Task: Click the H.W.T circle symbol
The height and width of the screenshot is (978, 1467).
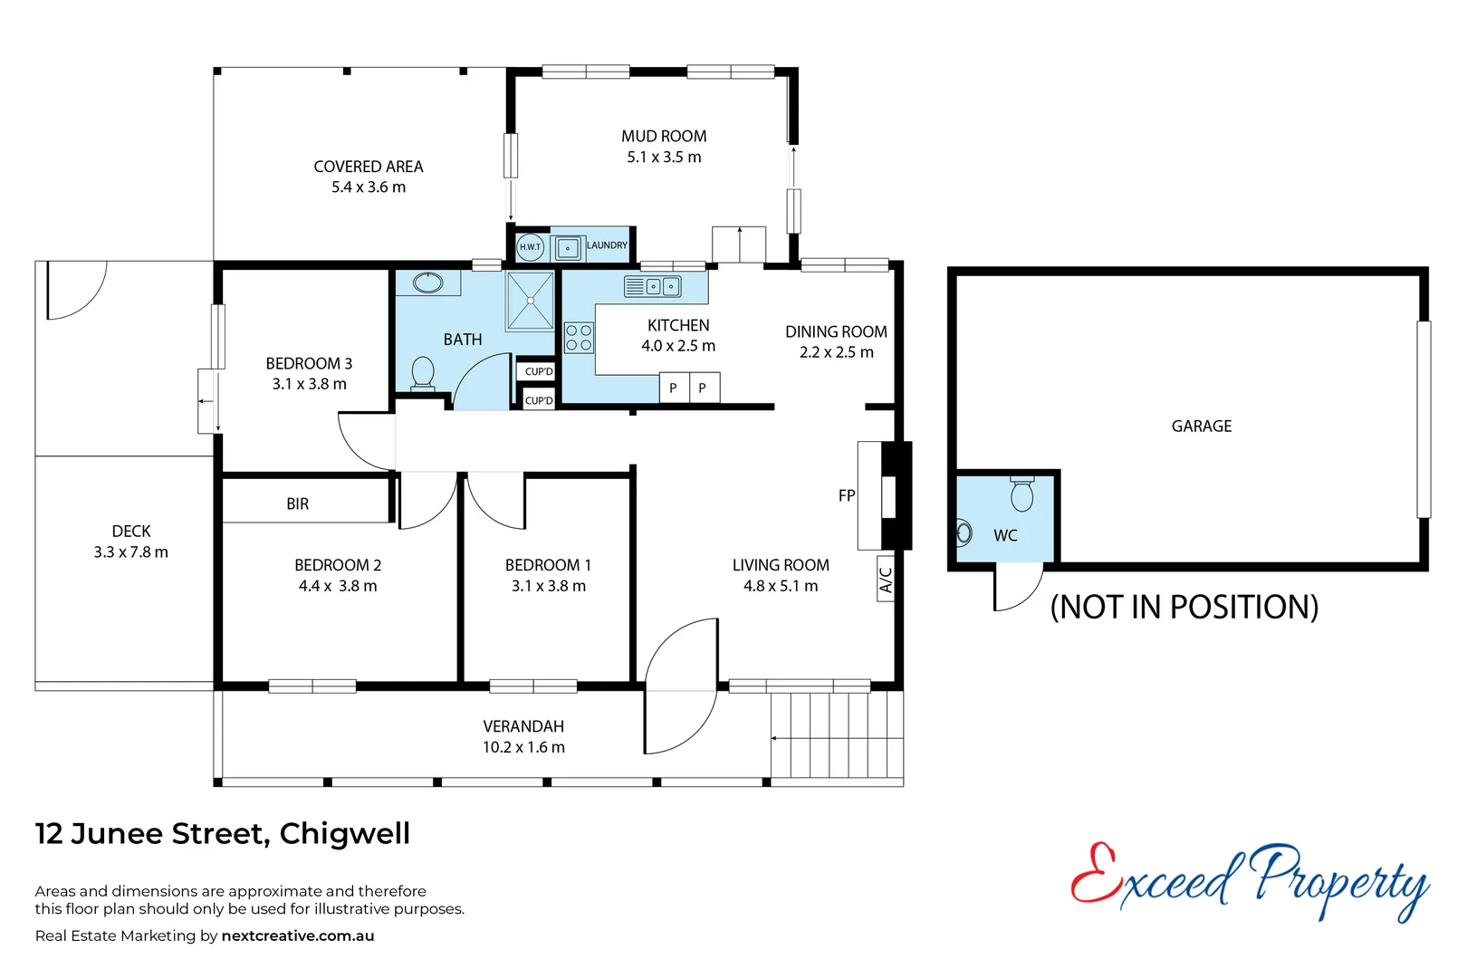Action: (x=530, y=246)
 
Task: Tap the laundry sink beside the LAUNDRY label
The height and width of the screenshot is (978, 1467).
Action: (x=568, y=247)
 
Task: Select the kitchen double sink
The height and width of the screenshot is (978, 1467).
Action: (x=653, y=287)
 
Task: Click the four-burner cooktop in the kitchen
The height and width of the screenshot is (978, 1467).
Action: (x=579, y=338)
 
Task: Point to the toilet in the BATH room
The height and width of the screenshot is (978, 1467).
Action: (x=423, y=373)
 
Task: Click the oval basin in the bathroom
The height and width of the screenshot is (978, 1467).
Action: (x=427, y=283)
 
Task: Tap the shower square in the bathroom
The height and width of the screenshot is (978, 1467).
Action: (x=530, y=301)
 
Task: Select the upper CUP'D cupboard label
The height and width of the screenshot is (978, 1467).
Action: (x=539, y=371)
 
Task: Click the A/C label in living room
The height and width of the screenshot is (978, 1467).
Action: (x=886, y=580)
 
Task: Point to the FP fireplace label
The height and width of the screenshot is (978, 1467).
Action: (x=847, y=495)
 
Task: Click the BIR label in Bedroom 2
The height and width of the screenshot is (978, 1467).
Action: (x=298, y=504)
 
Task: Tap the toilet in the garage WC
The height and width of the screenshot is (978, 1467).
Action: (x=1022, y=494)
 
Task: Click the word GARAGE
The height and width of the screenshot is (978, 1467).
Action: (x=1202, y=427)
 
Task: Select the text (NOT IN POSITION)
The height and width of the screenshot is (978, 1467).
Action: (x=1184, y=607)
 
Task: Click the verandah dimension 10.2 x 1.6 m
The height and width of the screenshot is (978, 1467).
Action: (x=523, y=747)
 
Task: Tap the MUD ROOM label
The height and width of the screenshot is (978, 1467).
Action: (x=664, y=137)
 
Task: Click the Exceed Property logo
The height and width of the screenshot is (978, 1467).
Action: (x=1250, y=880)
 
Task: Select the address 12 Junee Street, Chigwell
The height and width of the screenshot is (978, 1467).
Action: (x=223, y=833)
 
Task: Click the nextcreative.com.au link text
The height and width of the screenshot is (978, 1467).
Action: (x=298, y=936)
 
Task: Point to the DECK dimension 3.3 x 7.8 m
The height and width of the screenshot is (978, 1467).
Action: (x=131, y=552)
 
